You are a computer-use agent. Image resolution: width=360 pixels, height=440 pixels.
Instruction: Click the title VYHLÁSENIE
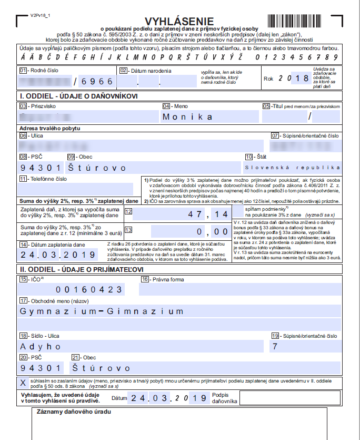(179, 21)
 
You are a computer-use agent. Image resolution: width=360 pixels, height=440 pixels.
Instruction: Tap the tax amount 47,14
(211, 214)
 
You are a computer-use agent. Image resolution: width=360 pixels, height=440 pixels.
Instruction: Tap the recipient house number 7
(273, 346)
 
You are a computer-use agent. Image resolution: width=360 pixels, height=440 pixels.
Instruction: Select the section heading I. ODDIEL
(78, 96)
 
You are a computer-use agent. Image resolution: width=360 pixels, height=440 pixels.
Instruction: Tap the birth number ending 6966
(95, 81)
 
